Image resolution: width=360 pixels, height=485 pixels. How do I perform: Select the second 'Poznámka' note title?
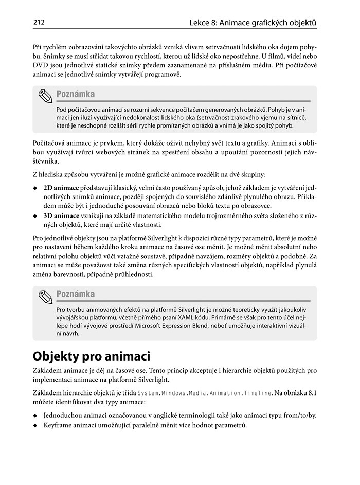click(x=76, y=294)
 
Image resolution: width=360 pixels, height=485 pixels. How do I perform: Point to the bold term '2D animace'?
click(x=61, y=188)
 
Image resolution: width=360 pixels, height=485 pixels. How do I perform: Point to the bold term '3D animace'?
click(x=61, y=215)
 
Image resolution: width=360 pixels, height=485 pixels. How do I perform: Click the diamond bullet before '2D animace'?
click(x=35, y=188)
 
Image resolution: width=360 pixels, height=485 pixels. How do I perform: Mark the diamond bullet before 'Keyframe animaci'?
click(x=35, y=425)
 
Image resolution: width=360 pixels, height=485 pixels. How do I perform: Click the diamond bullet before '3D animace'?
click(x=35, y=215)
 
